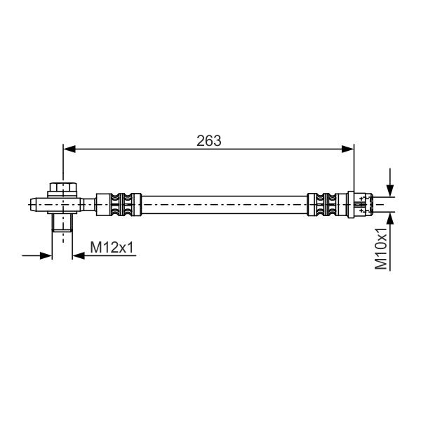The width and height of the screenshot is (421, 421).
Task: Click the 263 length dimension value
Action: [x=209, y=141]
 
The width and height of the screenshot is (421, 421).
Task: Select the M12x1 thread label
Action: [x=112, y=247]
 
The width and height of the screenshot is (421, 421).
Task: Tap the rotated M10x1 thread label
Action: [x=381, y=248]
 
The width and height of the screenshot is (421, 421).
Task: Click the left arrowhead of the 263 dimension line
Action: [x=69, y=149]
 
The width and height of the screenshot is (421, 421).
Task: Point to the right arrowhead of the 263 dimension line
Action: [x=348, y=149]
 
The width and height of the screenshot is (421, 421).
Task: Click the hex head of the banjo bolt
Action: [x=63, y=187]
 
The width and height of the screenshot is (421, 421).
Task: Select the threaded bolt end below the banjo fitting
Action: [x=62, y=222]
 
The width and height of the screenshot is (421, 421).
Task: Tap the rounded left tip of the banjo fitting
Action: [x=33, y=205]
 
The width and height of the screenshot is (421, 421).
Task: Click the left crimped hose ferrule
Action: [x=119, y=204]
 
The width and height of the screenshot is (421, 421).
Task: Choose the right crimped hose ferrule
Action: [x=327, y=204]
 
